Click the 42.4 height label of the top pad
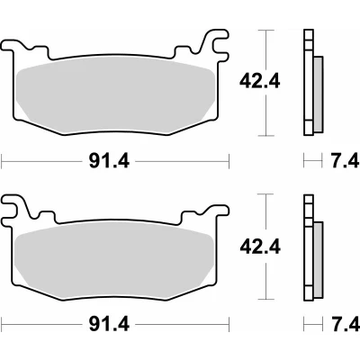point(259,81)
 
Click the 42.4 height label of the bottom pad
point(260,247)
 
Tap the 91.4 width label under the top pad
point(109,162)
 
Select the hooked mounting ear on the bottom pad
point(13,207)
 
